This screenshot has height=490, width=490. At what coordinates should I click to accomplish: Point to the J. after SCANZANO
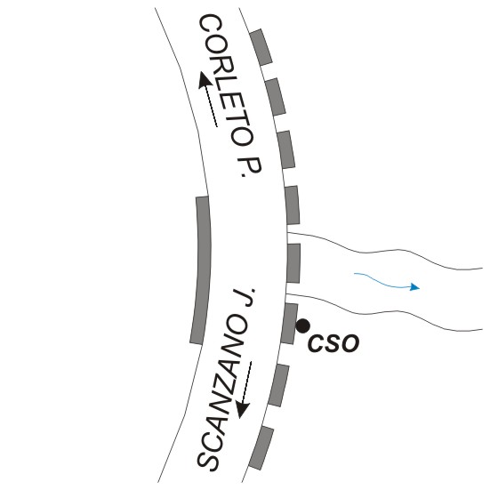coord(245,297)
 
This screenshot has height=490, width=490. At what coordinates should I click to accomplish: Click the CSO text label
coord(333,343)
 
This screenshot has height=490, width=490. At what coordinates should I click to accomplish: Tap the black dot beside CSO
coord(303,326)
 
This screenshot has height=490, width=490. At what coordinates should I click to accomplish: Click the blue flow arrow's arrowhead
coord(414,287)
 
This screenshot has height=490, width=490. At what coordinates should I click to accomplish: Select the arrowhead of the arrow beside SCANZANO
coord(243,409)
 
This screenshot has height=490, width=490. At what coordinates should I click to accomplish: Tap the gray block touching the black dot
coord(290,324)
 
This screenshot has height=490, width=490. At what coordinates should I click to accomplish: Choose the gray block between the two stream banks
coord(293,263)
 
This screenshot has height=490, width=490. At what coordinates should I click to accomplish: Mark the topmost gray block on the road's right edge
coord(261,47)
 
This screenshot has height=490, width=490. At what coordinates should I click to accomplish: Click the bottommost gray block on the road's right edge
coord(261,448)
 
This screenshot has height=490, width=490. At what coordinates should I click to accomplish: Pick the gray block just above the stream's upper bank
coord(293,205)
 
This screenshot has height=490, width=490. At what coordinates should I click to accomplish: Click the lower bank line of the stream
coord(384,311)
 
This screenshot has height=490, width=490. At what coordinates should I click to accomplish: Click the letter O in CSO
coord(350,343)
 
